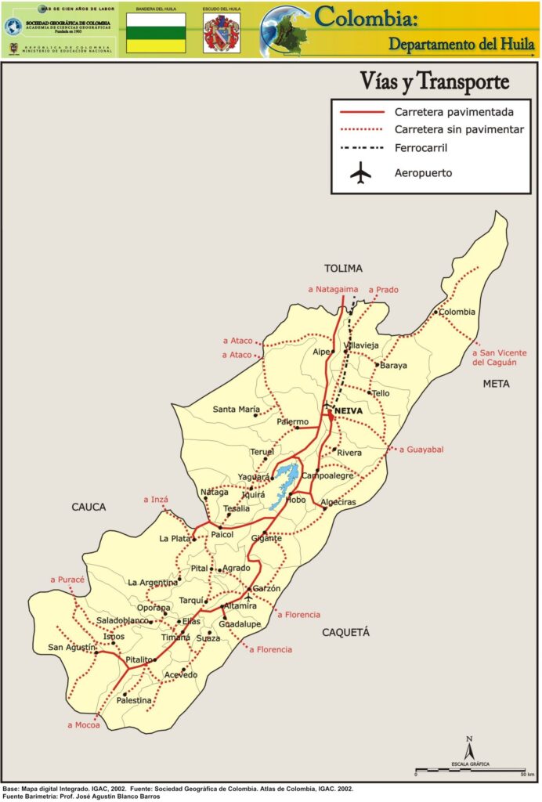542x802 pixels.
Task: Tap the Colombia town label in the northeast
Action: [457, 312]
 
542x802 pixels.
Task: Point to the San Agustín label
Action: [71, 647]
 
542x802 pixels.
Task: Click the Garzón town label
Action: [266, 588]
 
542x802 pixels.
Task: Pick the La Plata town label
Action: [175, 538]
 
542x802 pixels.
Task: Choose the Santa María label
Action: [236, 409]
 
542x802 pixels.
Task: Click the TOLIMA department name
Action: [344, 269]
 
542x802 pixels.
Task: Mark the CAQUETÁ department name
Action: [345, 632]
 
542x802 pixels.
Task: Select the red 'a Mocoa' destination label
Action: [85, 724]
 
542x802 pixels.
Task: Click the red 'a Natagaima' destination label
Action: [333, 290]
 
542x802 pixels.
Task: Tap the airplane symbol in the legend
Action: [361, 173]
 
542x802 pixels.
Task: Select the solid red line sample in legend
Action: [361, 111]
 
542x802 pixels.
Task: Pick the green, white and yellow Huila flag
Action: [156, 32]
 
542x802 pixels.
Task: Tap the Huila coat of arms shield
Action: [222, 33]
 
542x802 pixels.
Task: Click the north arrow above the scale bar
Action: [468, 748]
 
